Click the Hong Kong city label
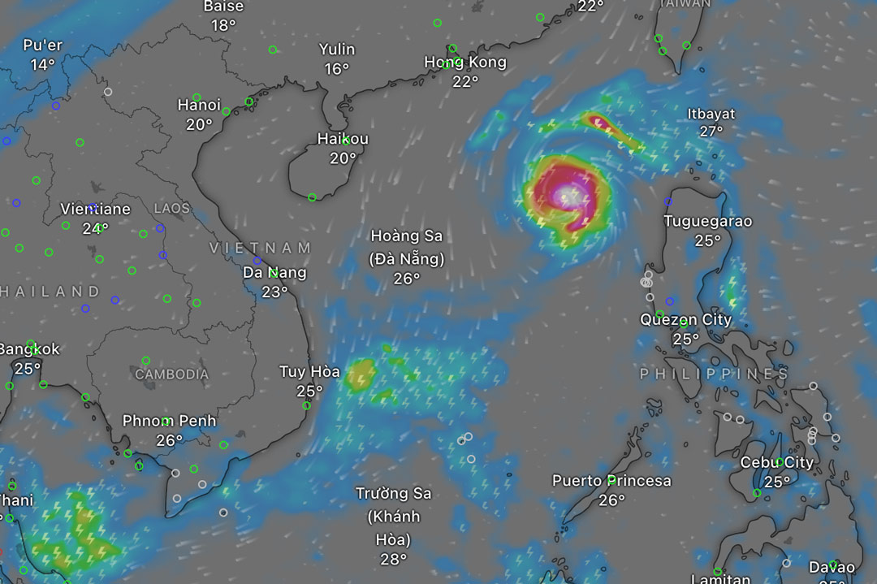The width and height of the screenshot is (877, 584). pos(465,63)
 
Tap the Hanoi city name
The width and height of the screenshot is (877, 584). pos(199,105)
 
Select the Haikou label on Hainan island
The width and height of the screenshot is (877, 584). pos(343,139)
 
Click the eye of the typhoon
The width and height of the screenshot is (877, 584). pos(567,196)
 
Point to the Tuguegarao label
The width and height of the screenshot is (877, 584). pos(708,221)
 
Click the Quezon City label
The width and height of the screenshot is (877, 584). pos(685,319)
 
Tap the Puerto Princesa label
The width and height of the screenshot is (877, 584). pos(611,481)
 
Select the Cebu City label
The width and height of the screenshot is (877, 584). pos(776,462)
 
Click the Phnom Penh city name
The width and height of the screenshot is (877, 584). pos(170,421)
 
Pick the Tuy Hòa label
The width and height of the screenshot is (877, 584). pos(309,372)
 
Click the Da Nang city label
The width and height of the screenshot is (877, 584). pos(274,273)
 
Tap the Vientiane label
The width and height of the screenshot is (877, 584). pos(96,209)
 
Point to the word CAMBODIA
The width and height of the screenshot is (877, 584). pos(171,374)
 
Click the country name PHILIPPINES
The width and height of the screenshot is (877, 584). pos(714,374)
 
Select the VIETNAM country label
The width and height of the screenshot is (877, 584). pos(261,248)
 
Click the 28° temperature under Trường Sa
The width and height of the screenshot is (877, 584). pos(393,559)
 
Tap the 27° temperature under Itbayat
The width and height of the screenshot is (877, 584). pos(711,132)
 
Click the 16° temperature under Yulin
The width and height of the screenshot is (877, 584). pos(337,69)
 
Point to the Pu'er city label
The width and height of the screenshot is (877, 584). pos(43,45)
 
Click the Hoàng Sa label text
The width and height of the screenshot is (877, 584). pos(407,236)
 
